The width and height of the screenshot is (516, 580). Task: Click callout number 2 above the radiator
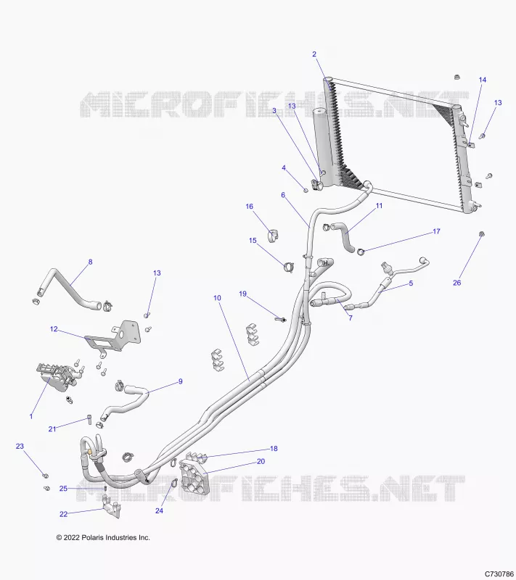coord(314,54)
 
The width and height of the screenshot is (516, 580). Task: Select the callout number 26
coord(457,283)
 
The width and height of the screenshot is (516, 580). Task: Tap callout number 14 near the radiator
coord(483,80)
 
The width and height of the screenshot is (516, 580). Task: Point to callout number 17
coord(436,231)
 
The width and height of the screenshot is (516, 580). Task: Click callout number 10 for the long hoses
coord(217,298)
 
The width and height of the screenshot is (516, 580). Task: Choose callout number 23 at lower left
coord(20,446)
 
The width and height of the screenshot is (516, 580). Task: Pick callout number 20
coord(261,461)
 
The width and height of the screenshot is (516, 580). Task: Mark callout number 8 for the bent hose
coord(90,262)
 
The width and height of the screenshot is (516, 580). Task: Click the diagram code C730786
coord(499,573)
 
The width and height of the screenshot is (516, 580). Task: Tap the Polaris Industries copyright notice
coord(103,537)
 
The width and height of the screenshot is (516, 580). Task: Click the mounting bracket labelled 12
coord(114,336)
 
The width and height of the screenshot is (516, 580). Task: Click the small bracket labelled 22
coord(111,507)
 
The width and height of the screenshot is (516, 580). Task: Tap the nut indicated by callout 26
coord(482,233)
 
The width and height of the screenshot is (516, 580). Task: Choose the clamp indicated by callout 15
coord(288,266)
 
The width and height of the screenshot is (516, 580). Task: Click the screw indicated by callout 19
coord(280,318)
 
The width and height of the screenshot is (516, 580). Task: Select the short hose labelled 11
coord(343,237)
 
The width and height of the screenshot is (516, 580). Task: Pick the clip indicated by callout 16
coord(274,236)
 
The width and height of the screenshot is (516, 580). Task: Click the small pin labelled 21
coord(89,418)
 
